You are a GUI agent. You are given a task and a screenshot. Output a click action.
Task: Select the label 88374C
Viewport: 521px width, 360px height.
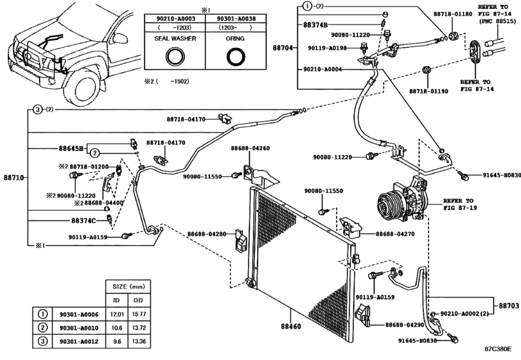pos(83,220)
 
